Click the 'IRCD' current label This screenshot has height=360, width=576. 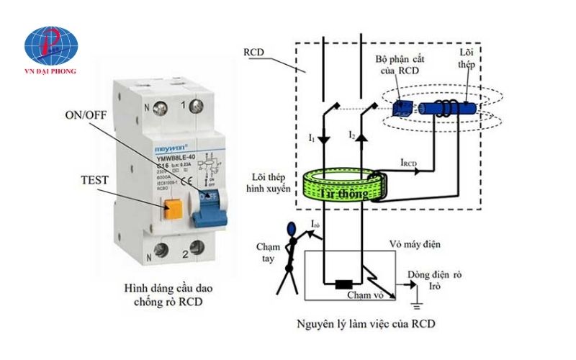coord(411,163)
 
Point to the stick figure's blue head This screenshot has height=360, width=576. coord(291,230)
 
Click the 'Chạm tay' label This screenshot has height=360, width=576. coord(267,254)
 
